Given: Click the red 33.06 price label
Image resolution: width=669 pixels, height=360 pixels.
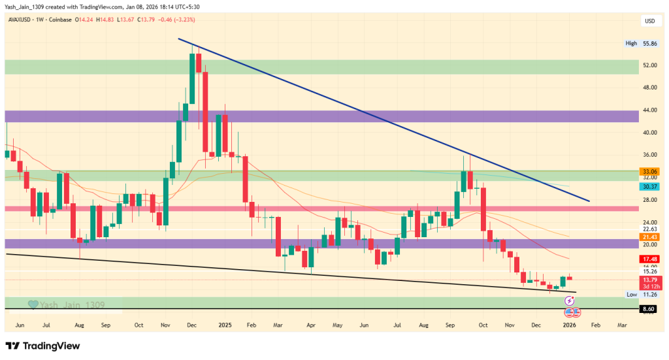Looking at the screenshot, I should [x=631, y=171].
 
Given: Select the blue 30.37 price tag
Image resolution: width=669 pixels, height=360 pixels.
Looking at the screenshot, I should [x=631, y=186].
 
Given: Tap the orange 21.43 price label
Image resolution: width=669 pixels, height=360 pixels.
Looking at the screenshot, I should [x=631, y=236].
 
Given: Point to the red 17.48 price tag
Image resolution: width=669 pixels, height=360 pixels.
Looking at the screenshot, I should [x=631, y=259].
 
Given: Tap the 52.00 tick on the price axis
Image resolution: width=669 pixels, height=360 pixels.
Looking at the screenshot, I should [x=631, y=65].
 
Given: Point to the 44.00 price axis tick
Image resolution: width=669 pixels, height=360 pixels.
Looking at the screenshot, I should [x=631, y=110].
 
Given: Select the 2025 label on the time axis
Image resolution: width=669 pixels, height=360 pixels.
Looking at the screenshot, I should [x=225, y=324].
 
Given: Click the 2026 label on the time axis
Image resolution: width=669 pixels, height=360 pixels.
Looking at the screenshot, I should [x=569, y=324].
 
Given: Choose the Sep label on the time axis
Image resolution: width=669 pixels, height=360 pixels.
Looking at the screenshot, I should [x=105, y=324].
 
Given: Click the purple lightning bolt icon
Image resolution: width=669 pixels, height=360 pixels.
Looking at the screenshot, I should [x=569, y=301].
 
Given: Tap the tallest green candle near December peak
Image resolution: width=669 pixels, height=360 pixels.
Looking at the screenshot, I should [x=193, y=78].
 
